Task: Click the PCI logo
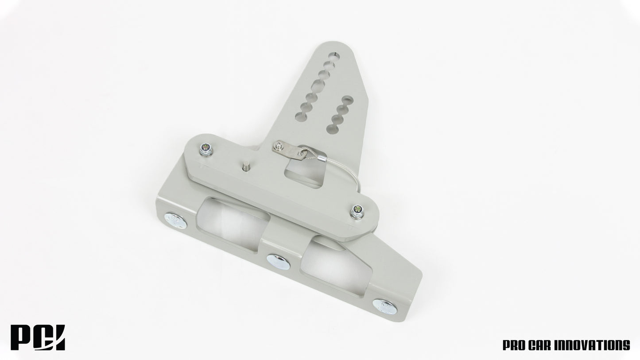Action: click(x=38, y=338)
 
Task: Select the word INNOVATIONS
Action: click(x=593, y=345)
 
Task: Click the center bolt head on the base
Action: click(x=279, y=262)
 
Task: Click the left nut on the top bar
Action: click(x=206, y=151)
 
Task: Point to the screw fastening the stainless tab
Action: click(x=278, y=144)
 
